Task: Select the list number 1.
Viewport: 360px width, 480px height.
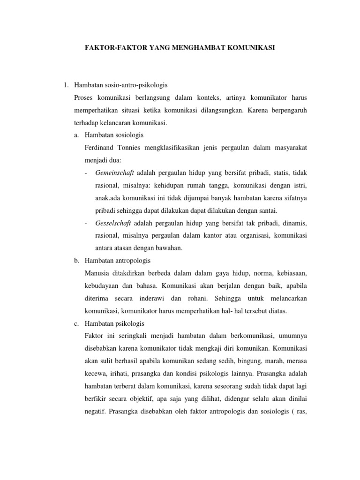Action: click(66, 85)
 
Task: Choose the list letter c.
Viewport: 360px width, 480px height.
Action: click(76, 323)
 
